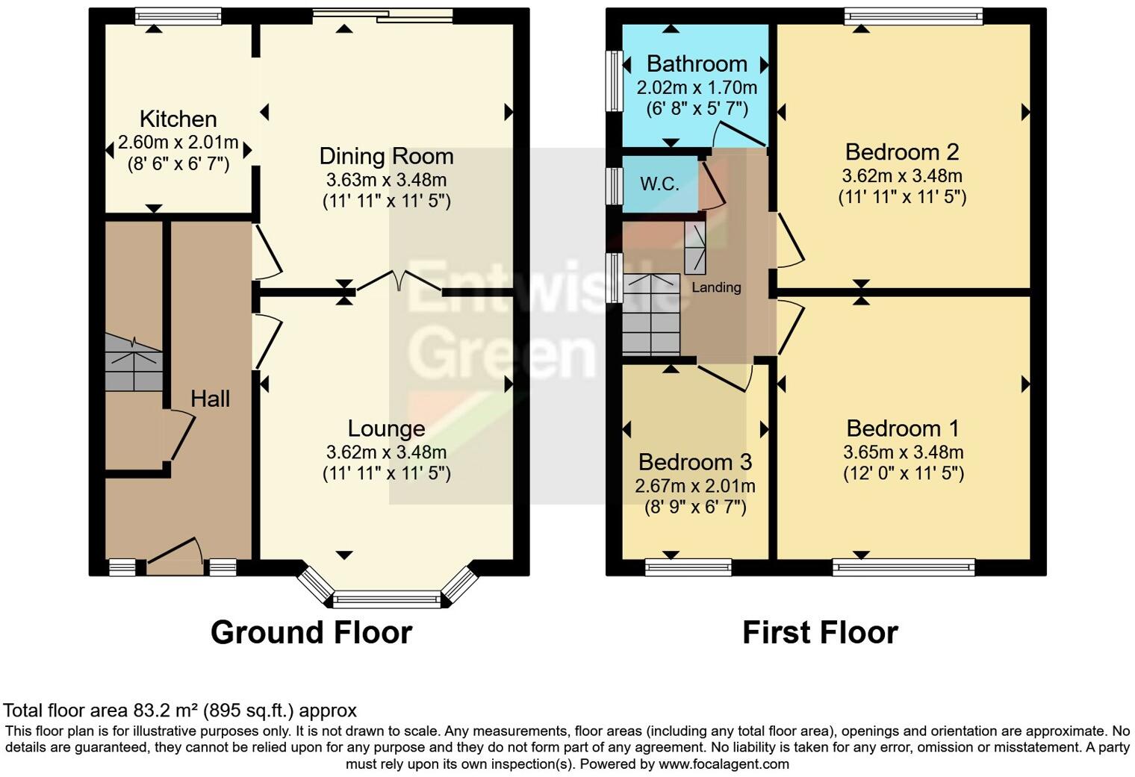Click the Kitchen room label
click(x=178, y=119)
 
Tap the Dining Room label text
click(x=386, y=157)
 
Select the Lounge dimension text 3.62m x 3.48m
click(x=386, y=452)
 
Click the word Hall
click(x=210, y=399)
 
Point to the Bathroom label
click(x=696, y=63)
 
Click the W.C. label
click(x=659, y=184)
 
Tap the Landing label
click(x=716, y=287)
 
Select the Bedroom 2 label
click(x=901, y=152)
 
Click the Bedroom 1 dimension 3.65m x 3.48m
click(x=903, y=452)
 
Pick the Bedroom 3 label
click(x=694, y=462)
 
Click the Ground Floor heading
click(x=311, y=632)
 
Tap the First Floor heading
click(x=819, y=632)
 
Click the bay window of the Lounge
click(x=387, y=598)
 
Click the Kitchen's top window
click(x=178, y=16)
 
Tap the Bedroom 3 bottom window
click(x=688, y=567)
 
